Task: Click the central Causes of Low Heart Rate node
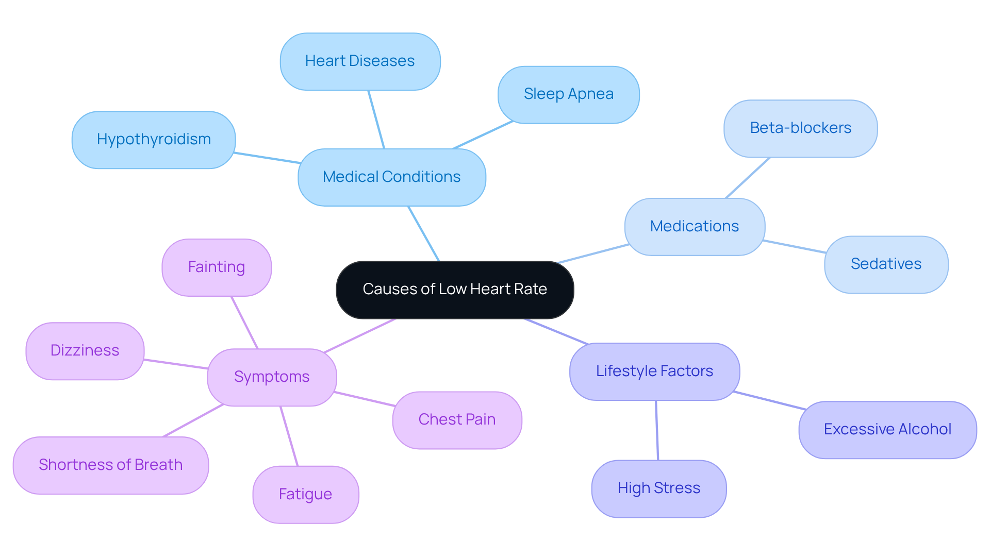coord(455,290)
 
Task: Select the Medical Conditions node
coord(392,177)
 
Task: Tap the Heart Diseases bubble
coord(360,61)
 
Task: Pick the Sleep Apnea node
coord(568,94)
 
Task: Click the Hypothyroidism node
coord(154,140)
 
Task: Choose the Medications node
coord(695,227)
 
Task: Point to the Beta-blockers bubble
coord(800,128)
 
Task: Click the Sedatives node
coord(886,264)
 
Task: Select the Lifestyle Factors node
coord(654,371)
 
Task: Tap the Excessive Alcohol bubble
coord(887,430)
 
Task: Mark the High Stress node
coord(659,488)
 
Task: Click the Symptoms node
coord(272,377)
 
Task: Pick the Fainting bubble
coord(217,267)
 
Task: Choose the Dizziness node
coord(85,351)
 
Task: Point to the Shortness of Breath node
coord(111,465)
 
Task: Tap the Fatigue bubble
coord(305,495)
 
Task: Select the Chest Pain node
coord(457,420)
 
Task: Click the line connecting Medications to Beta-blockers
coord(748,178)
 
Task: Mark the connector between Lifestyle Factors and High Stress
coord(657,430)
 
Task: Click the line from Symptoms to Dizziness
coord(176,364)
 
